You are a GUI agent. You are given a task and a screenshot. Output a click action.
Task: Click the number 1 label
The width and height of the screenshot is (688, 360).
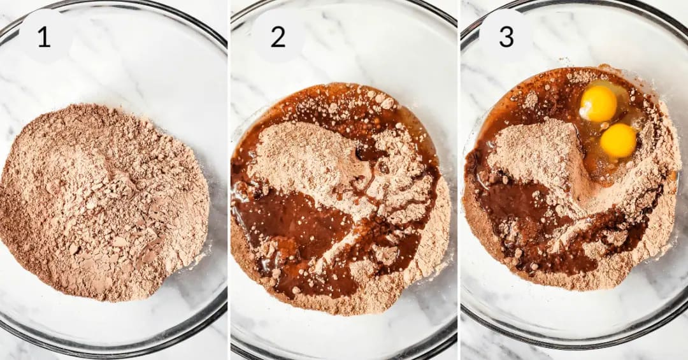(44, 37)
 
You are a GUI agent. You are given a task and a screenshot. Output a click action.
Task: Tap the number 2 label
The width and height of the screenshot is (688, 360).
(278, 37)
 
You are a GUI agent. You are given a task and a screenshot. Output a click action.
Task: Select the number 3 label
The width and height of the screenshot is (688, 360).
(506, 37)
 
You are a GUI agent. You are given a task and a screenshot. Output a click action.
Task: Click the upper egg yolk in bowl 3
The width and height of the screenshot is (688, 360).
(598, 104)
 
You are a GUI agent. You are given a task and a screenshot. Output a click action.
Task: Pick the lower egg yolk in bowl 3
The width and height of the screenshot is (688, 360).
(618, 140)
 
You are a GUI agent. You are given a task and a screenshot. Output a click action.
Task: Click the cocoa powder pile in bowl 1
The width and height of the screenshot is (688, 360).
(104, 202)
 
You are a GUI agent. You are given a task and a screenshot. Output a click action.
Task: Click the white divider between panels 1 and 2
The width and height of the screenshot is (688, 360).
(229, 180)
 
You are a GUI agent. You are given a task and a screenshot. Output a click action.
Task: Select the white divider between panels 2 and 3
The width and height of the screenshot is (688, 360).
(459, 180)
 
